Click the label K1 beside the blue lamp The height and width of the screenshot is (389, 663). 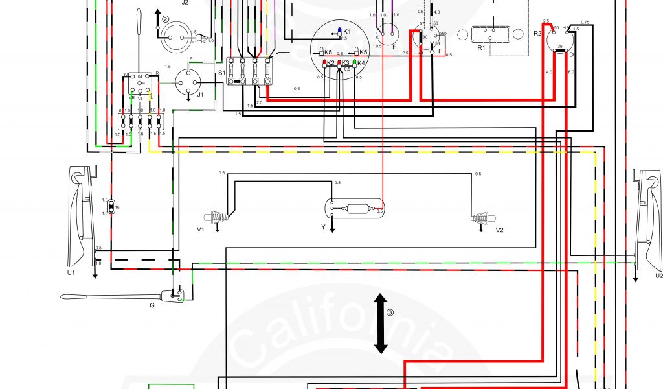[x=347, y=32]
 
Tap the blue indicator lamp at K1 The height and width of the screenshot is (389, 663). [x=339, y=32]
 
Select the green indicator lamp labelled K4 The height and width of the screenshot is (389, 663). [x=355, y=63]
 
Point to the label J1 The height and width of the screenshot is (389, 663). [x=201, y=95]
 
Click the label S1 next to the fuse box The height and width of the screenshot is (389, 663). [x=221, y=73]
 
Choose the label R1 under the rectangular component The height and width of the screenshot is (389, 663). [x=481, y=49]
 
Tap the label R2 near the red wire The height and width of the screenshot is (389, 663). [x=537, y=32]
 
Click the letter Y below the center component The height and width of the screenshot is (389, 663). [x=323, y=228]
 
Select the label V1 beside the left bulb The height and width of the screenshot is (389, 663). [x=201, y=230]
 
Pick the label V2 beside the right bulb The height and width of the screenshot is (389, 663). [x=499, y=230]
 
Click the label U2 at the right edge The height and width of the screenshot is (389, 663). [x=658, y=276]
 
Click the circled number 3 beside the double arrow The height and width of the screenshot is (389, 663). [x=390, y=312]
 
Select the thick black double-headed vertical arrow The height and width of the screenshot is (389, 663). [x=381, y=323]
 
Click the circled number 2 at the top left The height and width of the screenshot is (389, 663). [x=165, y=19]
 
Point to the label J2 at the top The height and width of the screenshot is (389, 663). [x=185, y=3]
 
